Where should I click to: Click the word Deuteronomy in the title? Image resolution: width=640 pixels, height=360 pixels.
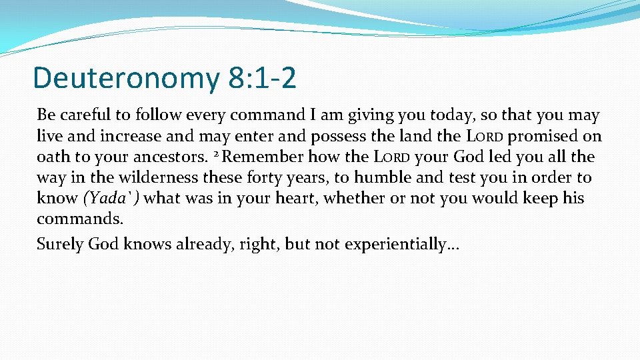click(125, 78)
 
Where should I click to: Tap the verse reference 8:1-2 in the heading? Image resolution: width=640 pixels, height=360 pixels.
click(261, 77)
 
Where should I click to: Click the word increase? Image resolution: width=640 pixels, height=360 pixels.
click(132, 137)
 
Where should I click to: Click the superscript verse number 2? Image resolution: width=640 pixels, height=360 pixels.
click(217, 155)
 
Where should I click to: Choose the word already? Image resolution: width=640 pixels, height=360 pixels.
click(204, 244)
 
